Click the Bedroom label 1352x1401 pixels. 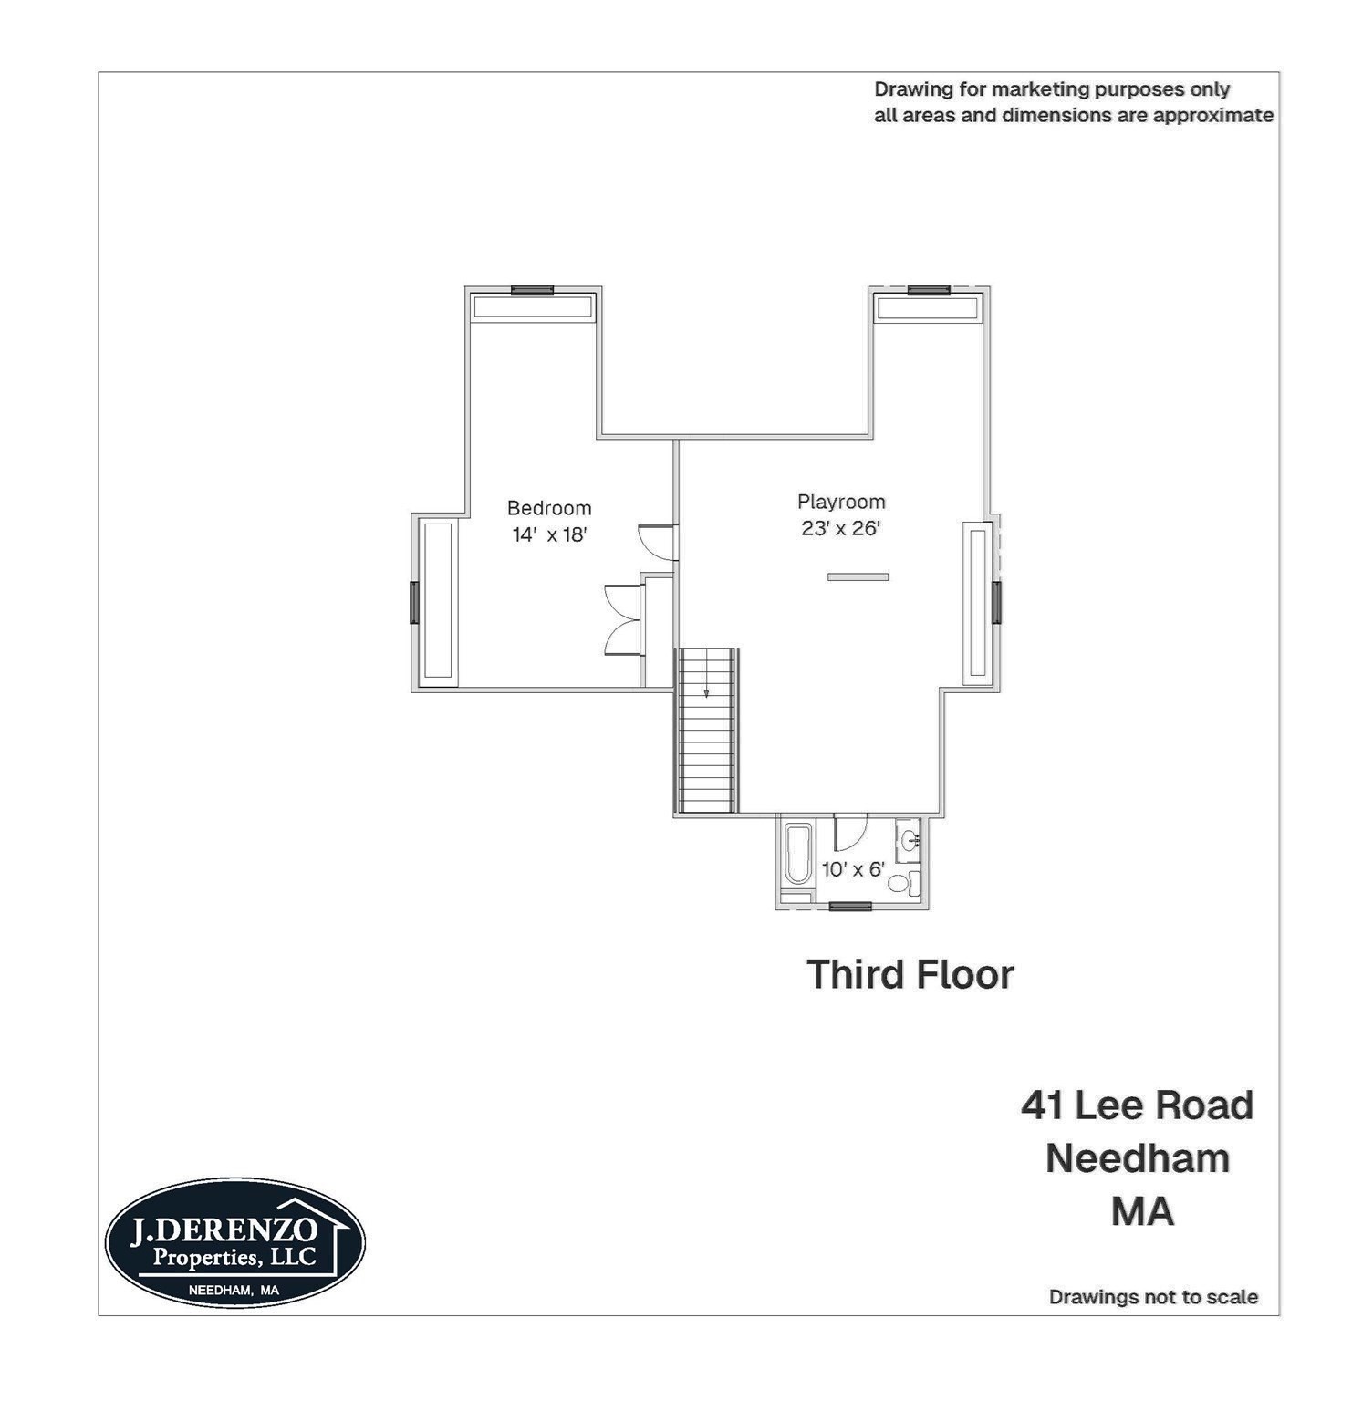[548, 508]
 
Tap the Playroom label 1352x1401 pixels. [840, 502]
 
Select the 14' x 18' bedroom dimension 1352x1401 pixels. [548, 535]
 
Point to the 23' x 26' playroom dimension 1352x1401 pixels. [840, 528]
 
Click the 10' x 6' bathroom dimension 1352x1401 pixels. [852, 869]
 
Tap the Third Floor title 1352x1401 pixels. [910, 974]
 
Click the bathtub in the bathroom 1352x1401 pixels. [797, 854]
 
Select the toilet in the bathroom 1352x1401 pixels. [904, 882]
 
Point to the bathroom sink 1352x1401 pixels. [909, 840]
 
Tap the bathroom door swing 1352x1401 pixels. [849, 831]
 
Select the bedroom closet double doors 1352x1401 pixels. [624, 620]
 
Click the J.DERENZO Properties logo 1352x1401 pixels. [234, 1242]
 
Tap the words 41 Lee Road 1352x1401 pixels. [1137, 1105]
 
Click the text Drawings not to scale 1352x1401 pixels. [1153, 1297]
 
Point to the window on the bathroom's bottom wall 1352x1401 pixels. [850, 907]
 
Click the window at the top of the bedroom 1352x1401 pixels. [532, 290]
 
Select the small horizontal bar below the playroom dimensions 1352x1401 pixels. [858, 576]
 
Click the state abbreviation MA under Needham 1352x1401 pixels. [1142, 1211]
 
